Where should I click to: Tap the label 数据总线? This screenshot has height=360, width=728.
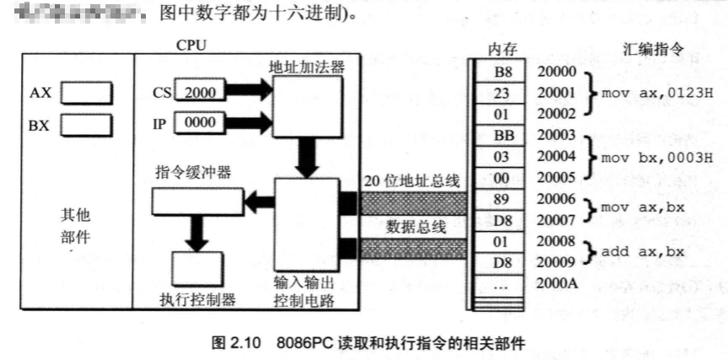tap(413, 226)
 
